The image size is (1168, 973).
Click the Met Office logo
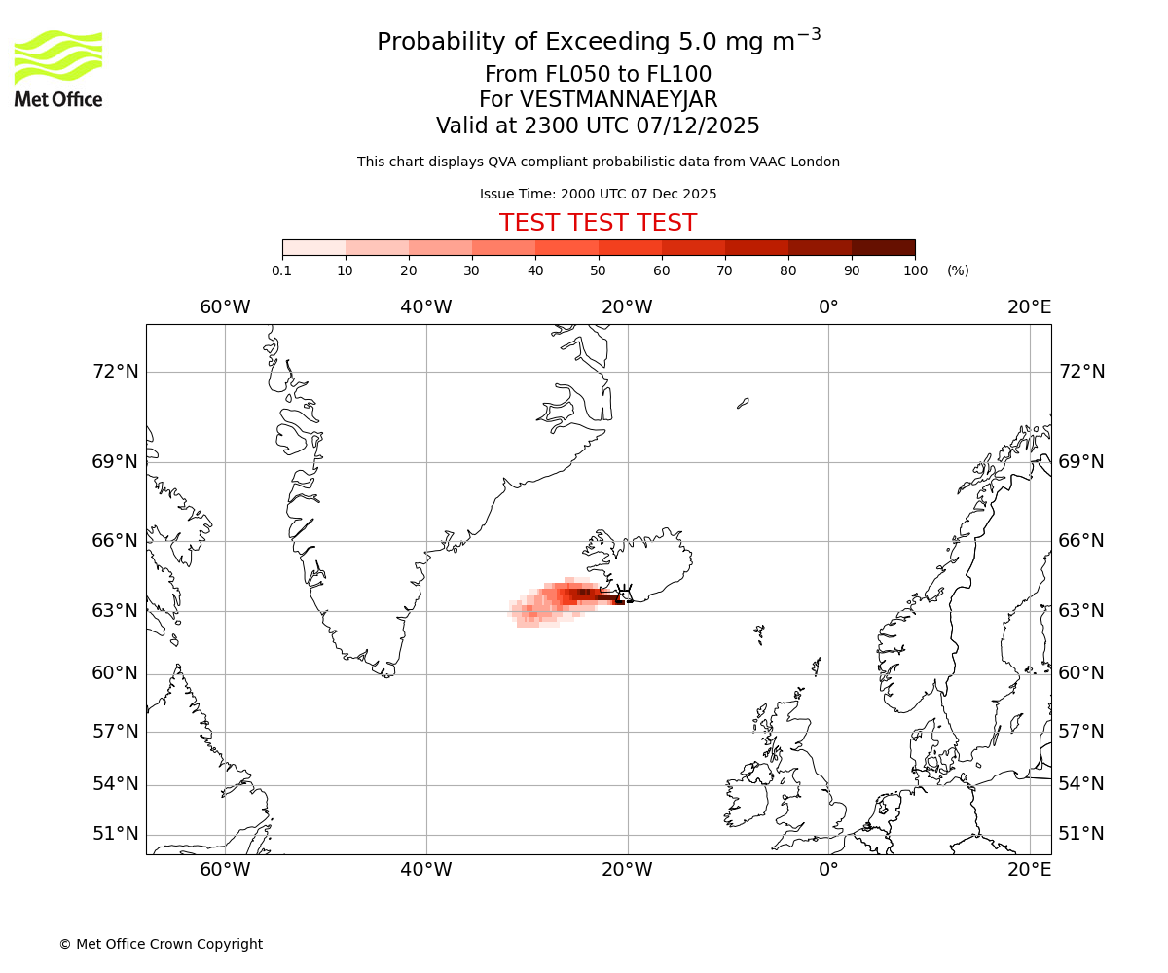click(58, 68)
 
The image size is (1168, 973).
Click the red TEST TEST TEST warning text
click(598, 223)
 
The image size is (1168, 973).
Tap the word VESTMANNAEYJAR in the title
click(619, 100)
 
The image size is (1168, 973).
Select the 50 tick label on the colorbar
click(598, 270)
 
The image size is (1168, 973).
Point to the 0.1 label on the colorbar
click(282, 270)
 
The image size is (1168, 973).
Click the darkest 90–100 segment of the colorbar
click(883, 248)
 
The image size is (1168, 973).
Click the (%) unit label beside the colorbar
click(958, 270)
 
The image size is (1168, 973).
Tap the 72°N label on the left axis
click(115, 372)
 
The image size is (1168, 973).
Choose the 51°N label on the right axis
click(1081, 834)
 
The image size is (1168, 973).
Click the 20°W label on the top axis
click(627, 307)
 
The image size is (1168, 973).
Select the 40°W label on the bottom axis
click(425, 869)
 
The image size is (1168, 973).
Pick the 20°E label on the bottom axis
click(1029, 869)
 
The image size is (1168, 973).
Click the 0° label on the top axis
click(828, 307)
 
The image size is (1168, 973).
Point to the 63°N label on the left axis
click(115, 611)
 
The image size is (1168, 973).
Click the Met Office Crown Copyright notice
click(161, 944)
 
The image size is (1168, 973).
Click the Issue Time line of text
click(598, 194)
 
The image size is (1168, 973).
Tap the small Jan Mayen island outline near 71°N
click(743, 402)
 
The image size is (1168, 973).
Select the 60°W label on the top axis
click(225, 307)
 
